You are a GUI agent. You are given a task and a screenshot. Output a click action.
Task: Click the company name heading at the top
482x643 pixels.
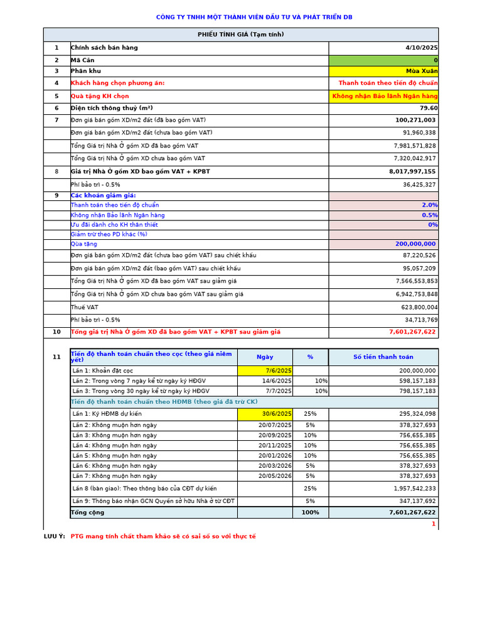(x=254, y=17)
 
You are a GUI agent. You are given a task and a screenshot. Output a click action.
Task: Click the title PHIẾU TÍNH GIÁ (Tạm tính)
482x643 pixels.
(x=241, y=35)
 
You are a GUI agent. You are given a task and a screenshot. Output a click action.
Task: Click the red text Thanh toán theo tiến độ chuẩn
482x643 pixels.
(x=388, y=83)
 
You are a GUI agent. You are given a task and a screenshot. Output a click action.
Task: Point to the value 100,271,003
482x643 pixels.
(x=415, y=120)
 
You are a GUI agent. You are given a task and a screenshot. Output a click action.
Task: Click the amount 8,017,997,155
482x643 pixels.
(x=412, y=171)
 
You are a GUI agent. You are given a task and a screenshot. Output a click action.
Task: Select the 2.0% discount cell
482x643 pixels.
(x=429, y=205)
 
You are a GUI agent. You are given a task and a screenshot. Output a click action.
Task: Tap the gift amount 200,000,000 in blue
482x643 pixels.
(x=415, y=244)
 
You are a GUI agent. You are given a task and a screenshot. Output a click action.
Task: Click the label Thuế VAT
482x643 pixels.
(x=85, y=308)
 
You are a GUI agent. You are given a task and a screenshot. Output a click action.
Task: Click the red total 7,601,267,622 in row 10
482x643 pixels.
(x=412, y=332)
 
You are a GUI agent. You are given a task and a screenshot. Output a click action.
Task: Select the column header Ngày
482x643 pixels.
(x=265, y=357)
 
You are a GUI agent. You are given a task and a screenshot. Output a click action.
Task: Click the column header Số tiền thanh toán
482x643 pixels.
(x=383, y=357)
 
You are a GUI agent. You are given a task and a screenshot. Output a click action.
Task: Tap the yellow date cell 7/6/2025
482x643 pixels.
(x=279, y=371)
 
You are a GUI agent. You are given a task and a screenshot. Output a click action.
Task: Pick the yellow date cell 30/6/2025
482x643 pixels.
(x=277, y=414)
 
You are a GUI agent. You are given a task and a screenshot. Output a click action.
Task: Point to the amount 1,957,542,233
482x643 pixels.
(x=414, y=489)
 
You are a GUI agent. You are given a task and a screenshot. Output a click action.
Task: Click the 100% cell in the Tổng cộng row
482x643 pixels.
(x=310, y=512)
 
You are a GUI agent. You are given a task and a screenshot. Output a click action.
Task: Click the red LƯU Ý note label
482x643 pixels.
(x=54, y=537)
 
